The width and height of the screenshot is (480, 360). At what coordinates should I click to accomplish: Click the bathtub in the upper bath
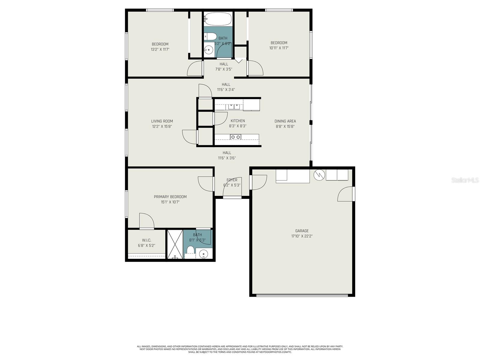(x=218, y=19)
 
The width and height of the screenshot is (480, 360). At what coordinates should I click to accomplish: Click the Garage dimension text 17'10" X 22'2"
(x=302, y=236)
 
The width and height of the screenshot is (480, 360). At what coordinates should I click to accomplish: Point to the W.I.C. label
(x=146, y=240)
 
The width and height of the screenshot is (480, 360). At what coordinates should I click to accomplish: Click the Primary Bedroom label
(x=170, y=197)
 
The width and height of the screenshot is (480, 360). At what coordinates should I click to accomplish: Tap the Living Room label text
(x=162, y=121)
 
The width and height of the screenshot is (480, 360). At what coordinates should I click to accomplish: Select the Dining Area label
(x=285, y=121)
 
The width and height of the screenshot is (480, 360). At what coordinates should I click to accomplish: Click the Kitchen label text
(x=238, y=121)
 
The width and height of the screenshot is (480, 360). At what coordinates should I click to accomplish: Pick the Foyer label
(x=232, y=180)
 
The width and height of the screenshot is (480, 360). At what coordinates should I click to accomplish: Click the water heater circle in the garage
(x=319, y=175)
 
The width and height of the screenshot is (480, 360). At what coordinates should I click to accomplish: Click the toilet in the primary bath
(x=190, y=251)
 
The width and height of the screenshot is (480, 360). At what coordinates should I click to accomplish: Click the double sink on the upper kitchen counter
(x=234, y=106)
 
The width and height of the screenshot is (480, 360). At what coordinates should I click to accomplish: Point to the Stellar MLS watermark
(x=465, y=180)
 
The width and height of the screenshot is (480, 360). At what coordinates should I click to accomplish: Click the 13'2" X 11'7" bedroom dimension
(x=160, y=49)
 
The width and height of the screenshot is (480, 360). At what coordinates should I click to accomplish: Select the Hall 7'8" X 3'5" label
(x=223, y=67)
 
